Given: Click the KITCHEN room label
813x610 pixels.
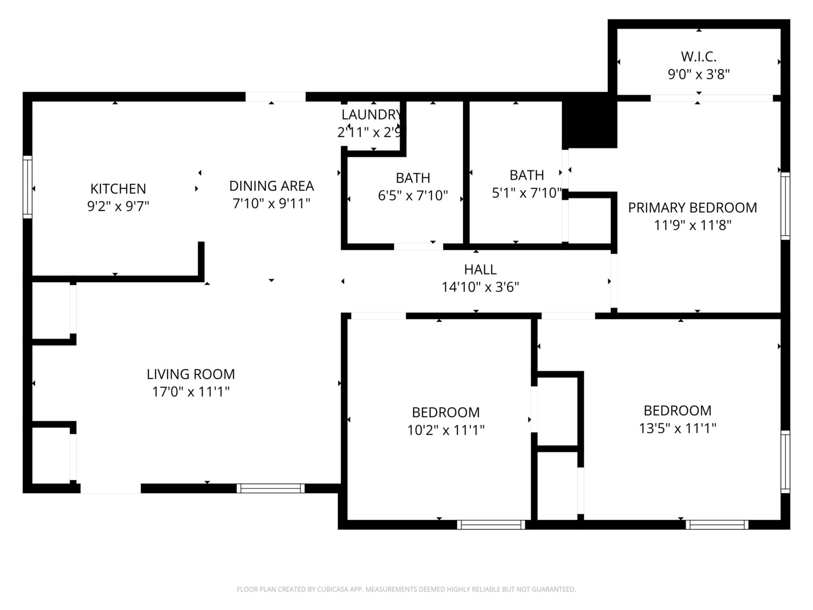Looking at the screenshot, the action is (118, 189).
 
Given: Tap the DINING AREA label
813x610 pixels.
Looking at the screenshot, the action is (271, 186).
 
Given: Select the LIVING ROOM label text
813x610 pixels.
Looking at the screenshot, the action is (191, 374).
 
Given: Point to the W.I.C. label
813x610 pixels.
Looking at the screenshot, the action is (699, 56).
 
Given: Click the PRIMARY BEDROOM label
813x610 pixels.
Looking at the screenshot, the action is (692, 208).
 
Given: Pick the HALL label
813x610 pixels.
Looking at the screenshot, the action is (480, 269).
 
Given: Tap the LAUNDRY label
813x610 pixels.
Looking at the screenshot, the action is (371, 115).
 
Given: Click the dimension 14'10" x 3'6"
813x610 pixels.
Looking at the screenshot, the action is (480, 287).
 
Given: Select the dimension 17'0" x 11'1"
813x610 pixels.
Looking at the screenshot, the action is (191, 391).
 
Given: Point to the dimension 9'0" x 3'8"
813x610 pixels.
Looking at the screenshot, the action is (699, 74).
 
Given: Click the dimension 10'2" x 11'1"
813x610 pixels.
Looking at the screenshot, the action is (446, 430).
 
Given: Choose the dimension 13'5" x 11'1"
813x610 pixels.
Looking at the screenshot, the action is (677, 428).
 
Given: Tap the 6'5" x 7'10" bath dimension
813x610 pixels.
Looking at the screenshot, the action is (413, 195).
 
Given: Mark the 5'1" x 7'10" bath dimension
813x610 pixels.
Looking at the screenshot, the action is (527, 193).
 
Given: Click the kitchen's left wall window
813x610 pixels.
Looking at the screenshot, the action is (27, 187).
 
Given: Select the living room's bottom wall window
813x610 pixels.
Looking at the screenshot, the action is (270, 488).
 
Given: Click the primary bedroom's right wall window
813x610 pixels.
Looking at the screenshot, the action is (785, 206).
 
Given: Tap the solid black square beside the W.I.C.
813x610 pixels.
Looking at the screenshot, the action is (589, 120).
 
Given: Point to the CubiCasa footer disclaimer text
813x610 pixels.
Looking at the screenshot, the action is (407, 589).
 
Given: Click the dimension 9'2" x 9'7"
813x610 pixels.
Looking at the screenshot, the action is (118, 206).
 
